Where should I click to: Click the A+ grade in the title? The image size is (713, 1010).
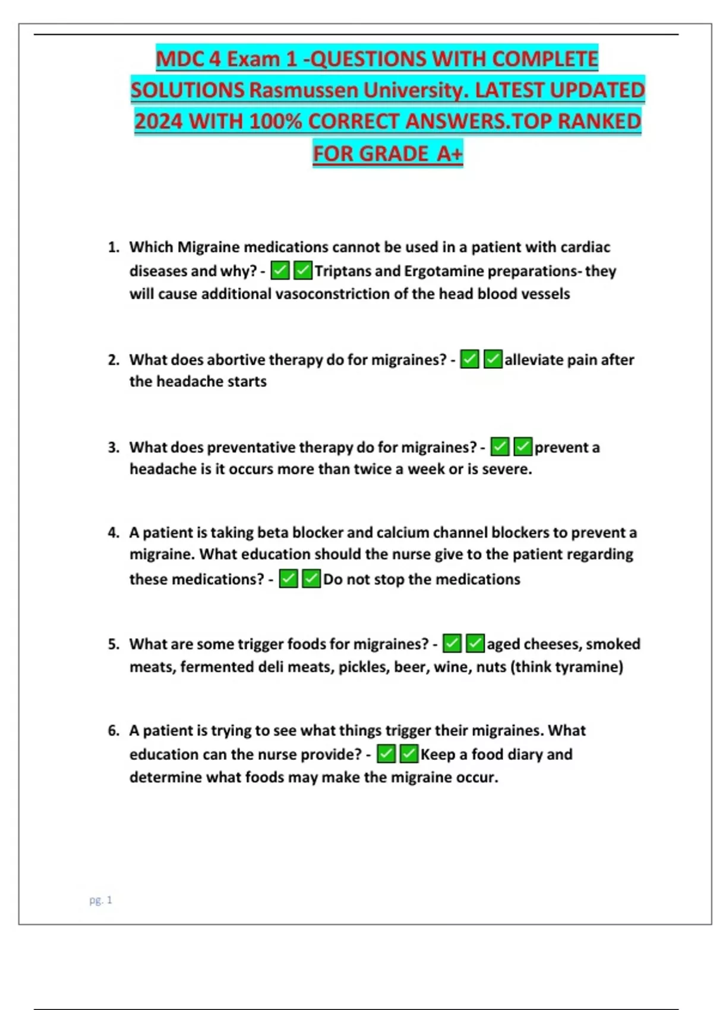coord(449,153)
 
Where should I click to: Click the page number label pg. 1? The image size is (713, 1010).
coord(100,900)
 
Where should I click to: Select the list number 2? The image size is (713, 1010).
coord(113,360)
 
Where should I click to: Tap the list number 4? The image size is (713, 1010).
coord(113,533)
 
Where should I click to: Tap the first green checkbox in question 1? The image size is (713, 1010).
coord(280,271)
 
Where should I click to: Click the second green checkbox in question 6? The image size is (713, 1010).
coord(409,755)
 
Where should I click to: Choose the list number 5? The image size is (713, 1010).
coord(113,645)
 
